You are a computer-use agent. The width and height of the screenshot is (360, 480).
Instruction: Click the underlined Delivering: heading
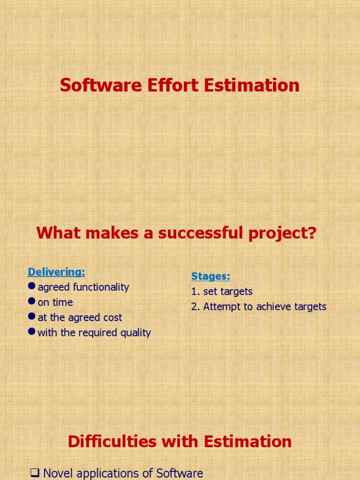coord(56,272)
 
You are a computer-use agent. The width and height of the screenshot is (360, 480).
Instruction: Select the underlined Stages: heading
coord(210,276)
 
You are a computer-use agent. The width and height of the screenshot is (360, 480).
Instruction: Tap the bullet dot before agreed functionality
coord(32,286)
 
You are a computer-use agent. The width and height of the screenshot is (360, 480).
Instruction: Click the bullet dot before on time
coord(32,302)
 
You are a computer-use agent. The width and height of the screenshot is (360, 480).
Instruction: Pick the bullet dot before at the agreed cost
coord(32,317)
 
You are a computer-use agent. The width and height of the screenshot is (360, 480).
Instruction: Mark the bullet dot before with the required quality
coord(32,332)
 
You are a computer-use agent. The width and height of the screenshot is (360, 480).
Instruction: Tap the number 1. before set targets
coord(195,292)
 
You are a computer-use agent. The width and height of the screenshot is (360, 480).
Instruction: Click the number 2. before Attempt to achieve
coord(195,307)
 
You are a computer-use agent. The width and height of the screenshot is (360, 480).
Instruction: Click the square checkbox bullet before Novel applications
coord(35,473)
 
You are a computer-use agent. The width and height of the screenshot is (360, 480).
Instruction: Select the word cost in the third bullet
coord(113,317)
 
